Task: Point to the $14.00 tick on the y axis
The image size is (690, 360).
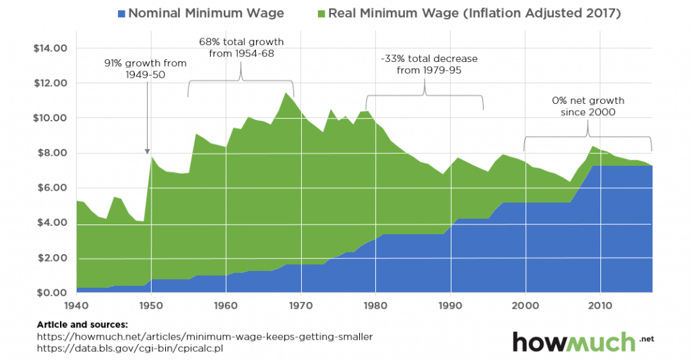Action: (x=51, y=49)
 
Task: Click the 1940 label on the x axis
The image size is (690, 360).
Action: (x=77, y=305)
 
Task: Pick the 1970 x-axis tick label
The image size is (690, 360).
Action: (x=301, y=305)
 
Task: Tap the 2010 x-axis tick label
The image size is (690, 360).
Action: (x=599, y=305)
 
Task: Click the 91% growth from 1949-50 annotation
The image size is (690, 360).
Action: (x=145, y=69)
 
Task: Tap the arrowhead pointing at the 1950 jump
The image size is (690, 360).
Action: (x=147, y=152)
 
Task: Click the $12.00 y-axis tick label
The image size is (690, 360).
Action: (x=51, y=84)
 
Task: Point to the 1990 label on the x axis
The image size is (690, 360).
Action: (x=450, y=305)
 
